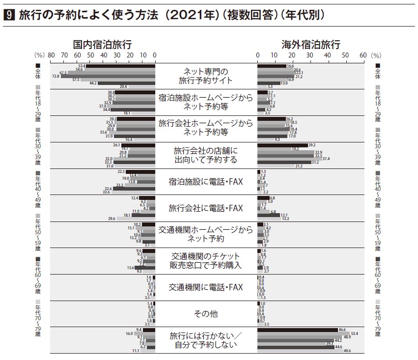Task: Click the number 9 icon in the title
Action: (x=8, y=16)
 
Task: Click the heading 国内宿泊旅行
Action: (x=102, y=45)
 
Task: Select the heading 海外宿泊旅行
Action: (x=310, y=45)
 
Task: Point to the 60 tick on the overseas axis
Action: (x=362, y=55)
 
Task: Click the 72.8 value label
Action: (x=56, y=76)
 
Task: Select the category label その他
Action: (x=206, y=313)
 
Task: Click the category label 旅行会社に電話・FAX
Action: (x=206, y=208)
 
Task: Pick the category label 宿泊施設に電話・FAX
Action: (x=206, y=182)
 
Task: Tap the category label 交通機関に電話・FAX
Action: (x=206, y=287)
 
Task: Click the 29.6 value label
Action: (x=111, y=219)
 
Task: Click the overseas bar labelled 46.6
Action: (x=297, y=329)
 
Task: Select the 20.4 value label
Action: (x=123, y=86)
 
